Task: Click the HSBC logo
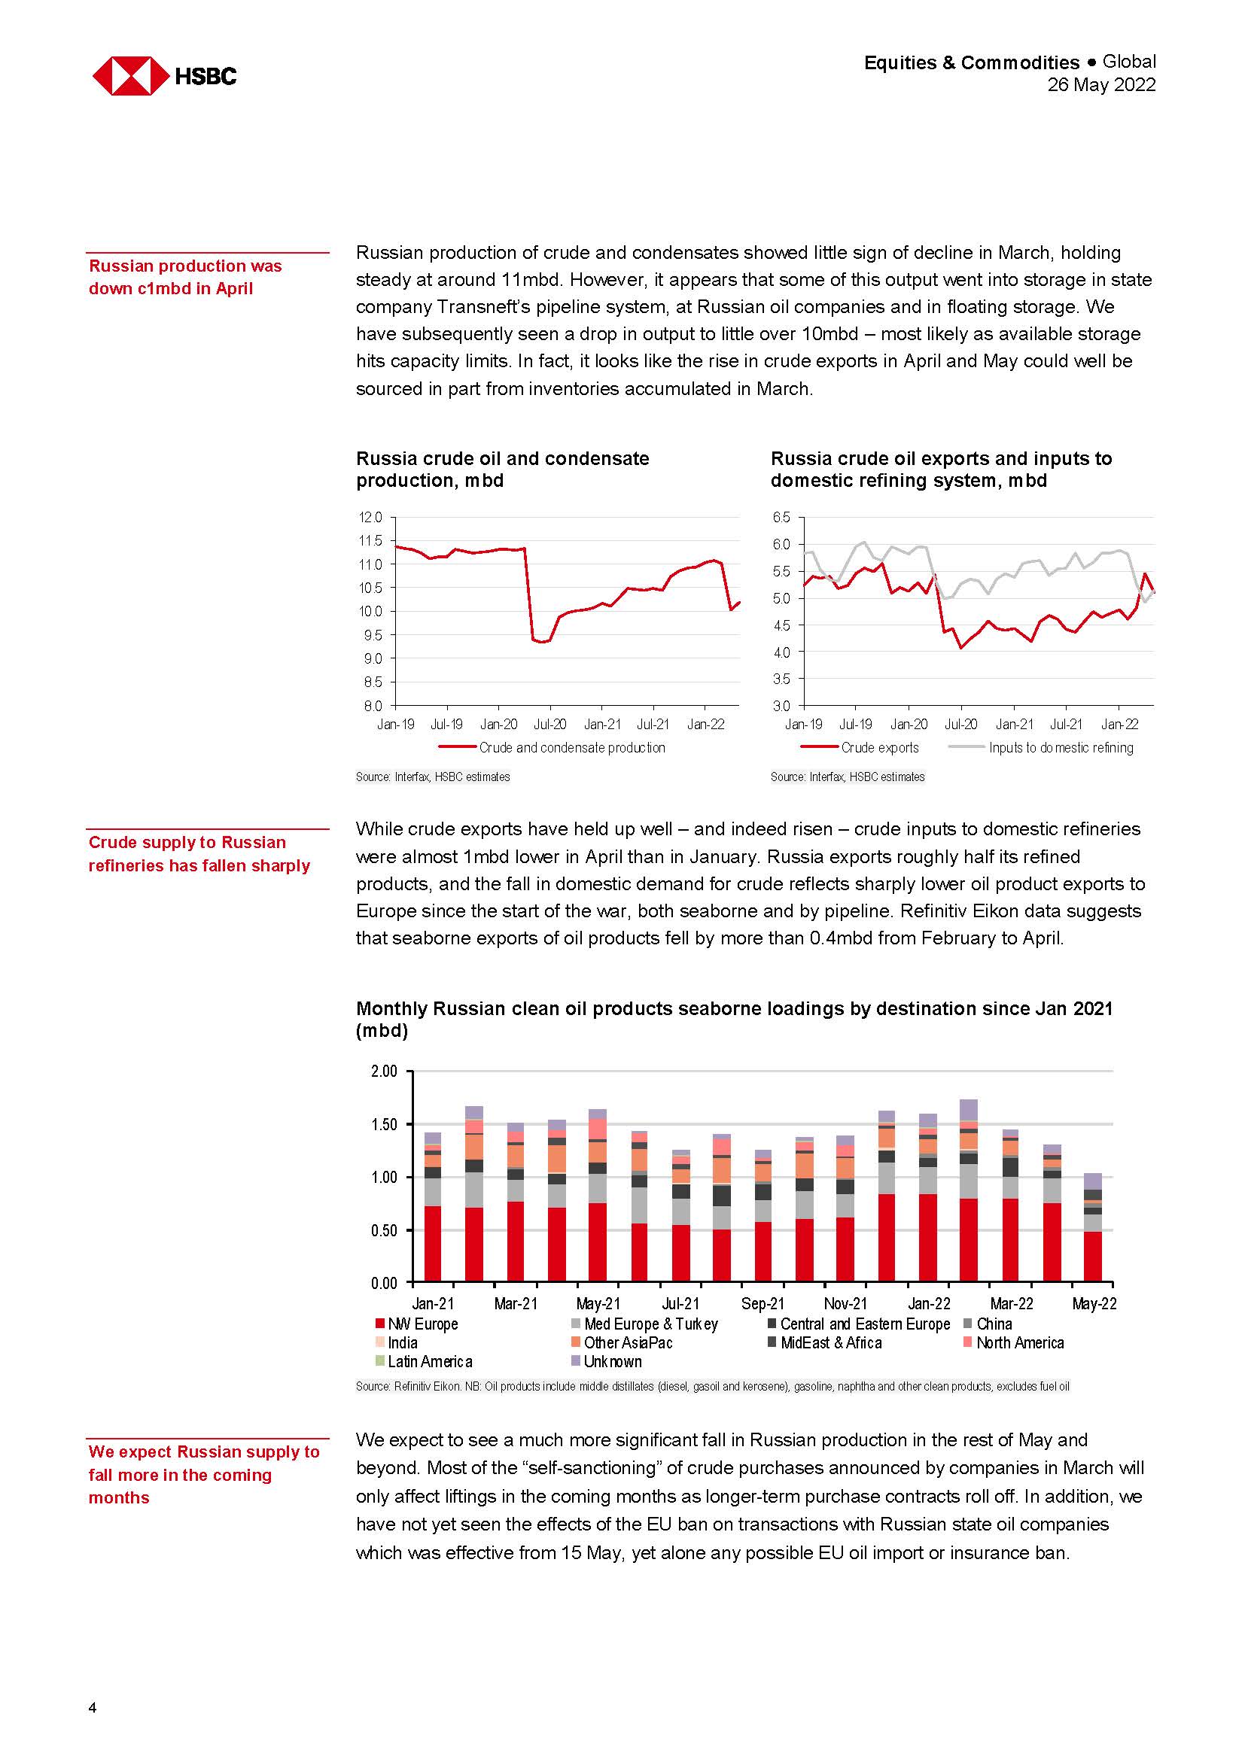pos(164,76)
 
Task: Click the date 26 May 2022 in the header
pos(1101,85)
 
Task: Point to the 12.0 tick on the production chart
pos(370,518)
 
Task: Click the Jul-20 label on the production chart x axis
pos(549,725)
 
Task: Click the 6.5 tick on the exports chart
pos(781,518)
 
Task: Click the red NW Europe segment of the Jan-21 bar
pos(433,1243)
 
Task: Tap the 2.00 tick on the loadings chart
pos(384,1071)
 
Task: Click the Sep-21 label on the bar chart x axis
pos(763,1303)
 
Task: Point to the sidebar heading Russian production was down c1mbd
pos(185,277)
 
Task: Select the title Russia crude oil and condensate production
pos(502,469)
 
